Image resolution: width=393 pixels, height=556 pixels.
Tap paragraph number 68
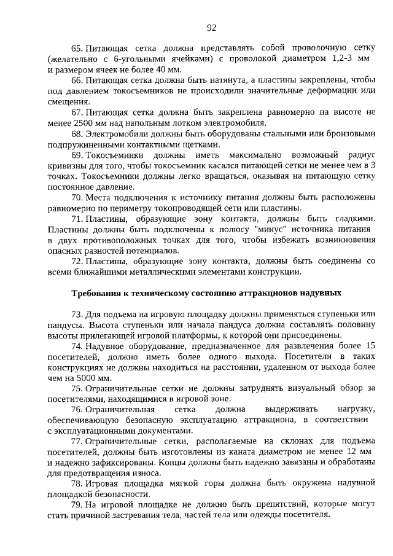77,133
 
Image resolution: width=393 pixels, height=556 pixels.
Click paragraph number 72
77,261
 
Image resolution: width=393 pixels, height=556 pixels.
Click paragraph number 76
77,410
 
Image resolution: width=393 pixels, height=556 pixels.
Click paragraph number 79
77,504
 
